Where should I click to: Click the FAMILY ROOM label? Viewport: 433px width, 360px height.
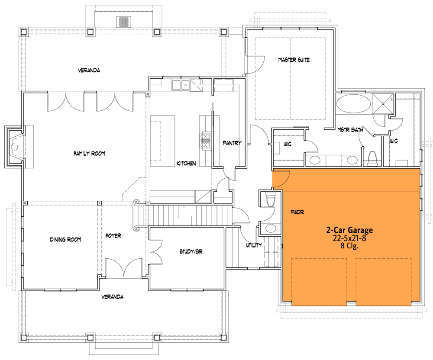89,154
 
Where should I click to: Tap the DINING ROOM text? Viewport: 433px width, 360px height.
65,239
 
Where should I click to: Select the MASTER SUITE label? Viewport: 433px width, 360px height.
294,60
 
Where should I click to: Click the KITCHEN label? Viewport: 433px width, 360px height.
186,164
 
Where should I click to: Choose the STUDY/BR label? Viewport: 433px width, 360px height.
191,251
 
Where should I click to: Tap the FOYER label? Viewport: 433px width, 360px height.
113,236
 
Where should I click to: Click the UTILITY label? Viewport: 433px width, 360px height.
254,245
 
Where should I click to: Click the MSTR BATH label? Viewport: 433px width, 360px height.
350,129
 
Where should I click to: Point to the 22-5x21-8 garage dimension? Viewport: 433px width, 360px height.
349,238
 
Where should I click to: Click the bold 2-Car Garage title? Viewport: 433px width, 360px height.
349,230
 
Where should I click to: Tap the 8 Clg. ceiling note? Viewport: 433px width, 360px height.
349,246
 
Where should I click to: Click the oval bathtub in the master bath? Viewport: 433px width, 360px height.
353,104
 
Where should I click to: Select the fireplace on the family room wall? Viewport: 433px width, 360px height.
15,147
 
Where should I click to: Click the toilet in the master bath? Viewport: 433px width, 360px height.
372,158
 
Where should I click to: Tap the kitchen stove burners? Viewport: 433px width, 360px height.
205,141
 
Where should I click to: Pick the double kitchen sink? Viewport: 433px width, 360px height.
181,85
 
